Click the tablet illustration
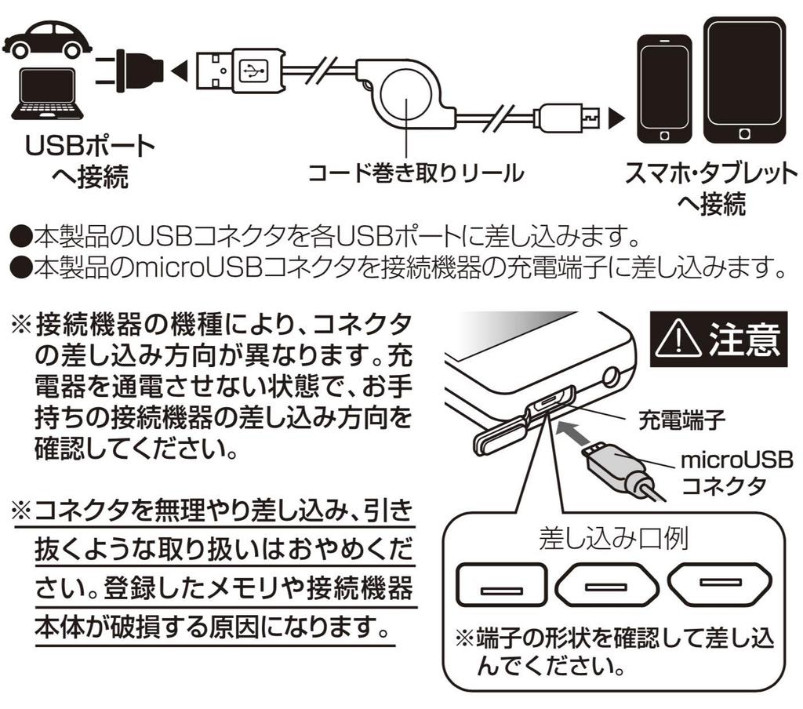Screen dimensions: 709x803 (x=744, y=81)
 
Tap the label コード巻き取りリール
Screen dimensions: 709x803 (x=415, y=172)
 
